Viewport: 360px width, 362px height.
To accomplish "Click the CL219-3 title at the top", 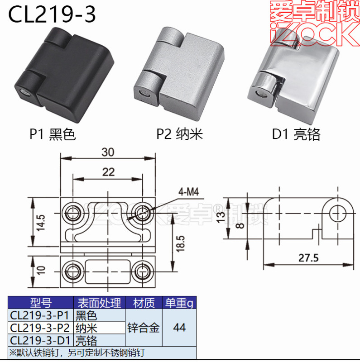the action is click(x=52, y=14).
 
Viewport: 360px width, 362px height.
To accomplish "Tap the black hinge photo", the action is click(x=64, y=75).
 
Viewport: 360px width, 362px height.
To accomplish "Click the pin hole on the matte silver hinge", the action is click(x=145, y=94).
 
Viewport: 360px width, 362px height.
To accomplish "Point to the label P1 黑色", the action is click(x=53, y=134).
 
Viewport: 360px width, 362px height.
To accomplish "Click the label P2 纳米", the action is click(x=179, y=134).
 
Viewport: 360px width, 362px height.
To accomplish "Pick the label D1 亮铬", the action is click(x=296, y=134).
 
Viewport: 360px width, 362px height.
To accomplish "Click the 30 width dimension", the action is click(x=108, y=152).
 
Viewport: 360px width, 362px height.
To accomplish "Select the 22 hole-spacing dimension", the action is click(x=108, y=172).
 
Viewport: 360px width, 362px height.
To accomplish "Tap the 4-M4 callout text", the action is click(x=188, y=192).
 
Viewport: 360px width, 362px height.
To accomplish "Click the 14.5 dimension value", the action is click(x=41, y=223).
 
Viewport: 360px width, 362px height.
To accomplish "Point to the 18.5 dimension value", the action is click(x=181, y=243).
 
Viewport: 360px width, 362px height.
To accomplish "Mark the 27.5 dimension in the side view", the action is click(x=308, y=257).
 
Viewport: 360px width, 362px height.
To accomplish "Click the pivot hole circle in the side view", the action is click(x=338, y=213).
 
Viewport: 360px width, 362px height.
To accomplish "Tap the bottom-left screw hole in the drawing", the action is click(x=73, y=272).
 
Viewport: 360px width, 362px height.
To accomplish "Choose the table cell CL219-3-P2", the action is click(x=40, y=328).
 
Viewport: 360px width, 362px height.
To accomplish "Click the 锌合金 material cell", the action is click(x=144, y=328).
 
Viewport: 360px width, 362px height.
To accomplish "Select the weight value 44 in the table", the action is click(x=179, y=328).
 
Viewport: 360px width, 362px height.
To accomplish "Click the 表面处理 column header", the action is click(x=99, y=303).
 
